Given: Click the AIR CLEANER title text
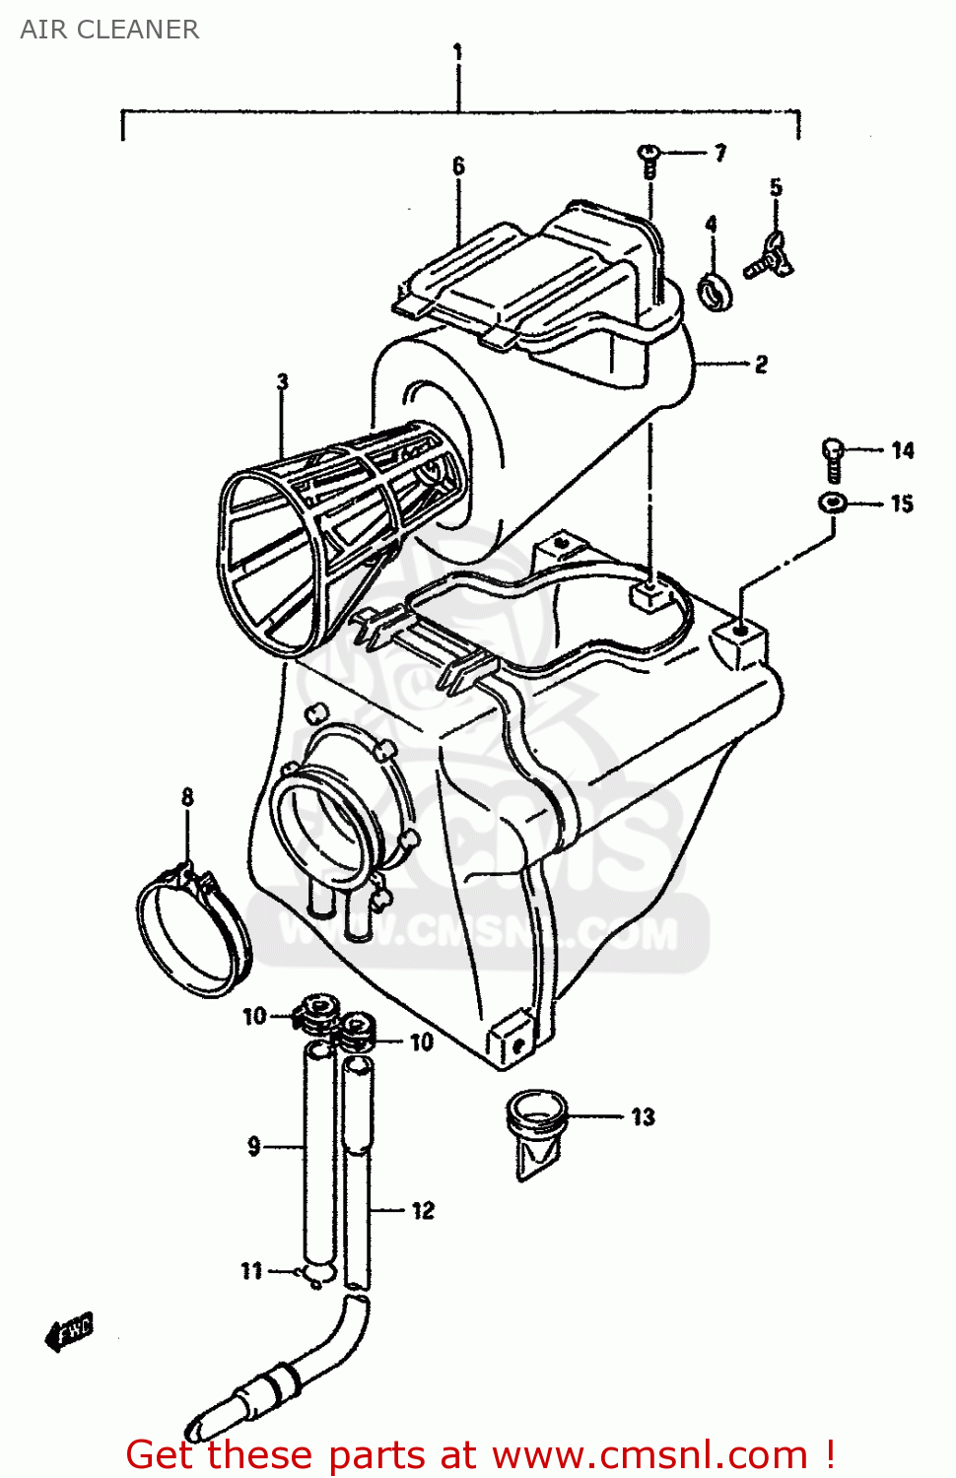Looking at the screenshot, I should coord(109,30).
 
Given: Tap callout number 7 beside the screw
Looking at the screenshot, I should coord(720,153).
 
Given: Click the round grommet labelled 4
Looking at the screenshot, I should coord(716,292).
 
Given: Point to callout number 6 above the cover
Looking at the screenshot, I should coord(458,166).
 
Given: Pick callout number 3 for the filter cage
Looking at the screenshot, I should coord(283,381).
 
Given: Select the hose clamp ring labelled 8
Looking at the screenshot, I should coord(194,931).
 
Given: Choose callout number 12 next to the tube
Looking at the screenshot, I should coord(423,1210).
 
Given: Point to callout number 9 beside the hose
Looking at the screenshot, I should coord(254,1146).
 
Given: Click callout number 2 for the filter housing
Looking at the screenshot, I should coord(761,365).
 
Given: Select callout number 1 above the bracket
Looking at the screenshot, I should coord(457,51).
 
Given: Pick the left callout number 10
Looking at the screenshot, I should coord(254,1016).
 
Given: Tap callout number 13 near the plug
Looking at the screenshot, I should coord(644,1116).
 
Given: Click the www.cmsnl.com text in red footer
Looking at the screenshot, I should coord(649,1454).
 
